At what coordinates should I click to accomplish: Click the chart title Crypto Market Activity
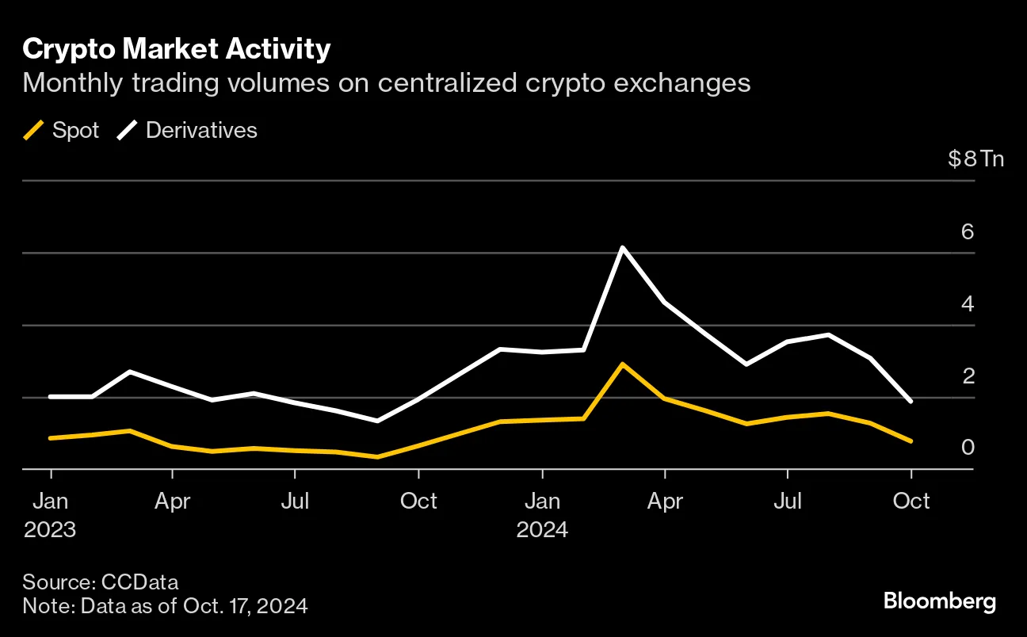pos(176,49)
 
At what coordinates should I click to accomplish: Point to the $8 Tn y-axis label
pos(975,158)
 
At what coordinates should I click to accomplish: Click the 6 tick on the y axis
pos(967,232)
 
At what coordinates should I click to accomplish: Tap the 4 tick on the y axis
pos(967,304)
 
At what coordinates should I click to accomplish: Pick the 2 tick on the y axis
pos(967,376)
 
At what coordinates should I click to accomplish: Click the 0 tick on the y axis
pos(967,448)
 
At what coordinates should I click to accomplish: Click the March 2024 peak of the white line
pos(623,248)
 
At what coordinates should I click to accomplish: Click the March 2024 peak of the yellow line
pos(623,364)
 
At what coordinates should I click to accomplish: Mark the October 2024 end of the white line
pos(911,402)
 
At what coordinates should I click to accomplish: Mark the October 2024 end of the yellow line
pos(911,441)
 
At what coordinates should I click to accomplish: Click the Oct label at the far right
pos(911,502)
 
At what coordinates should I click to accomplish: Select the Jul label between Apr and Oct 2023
pos(295,502)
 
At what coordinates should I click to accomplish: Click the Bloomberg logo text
pos(940,601)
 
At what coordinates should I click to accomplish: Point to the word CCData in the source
pos(139,582)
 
